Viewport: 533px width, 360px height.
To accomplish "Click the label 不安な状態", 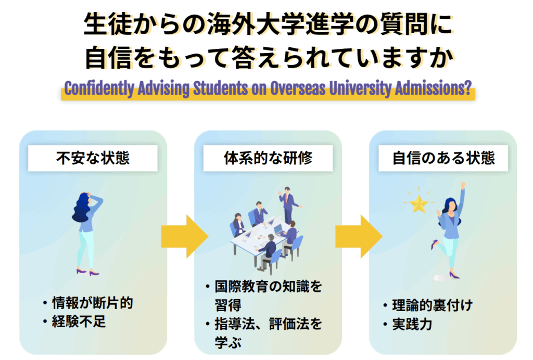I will pyautogui.click(x=93, y=158).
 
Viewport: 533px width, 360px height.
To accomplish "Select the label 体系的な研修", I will pyautogui.click(x=268, y=158).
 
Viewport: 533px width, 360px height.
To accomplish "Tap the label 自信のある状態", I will pyautogui.click(x=443, y=158).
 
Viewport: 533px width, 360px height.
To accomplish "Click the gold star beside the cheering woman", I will pyautogui.click(x=418, y=203).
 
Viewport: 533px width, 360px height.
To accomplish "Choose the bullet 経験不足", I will pyautogui.click(x=79, y=322).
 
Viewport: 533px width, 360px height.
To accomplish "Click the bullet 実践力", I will pyautogui.click(x=412, y=325).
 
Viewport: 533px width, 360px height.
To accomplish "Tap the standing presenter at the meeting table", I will pyautogui.click(x=288, y=203).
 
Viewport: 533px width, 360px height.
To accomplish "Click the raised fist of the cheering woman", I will pyautogui.click(x=463, y=185).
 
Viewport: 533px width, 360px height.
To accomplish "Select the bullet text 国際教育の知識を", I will pyautogui.click(x=268, y=286).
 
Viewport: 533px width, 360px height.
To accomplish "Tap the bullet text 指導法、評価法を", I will pyautogui.click(x=268, y=325).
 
